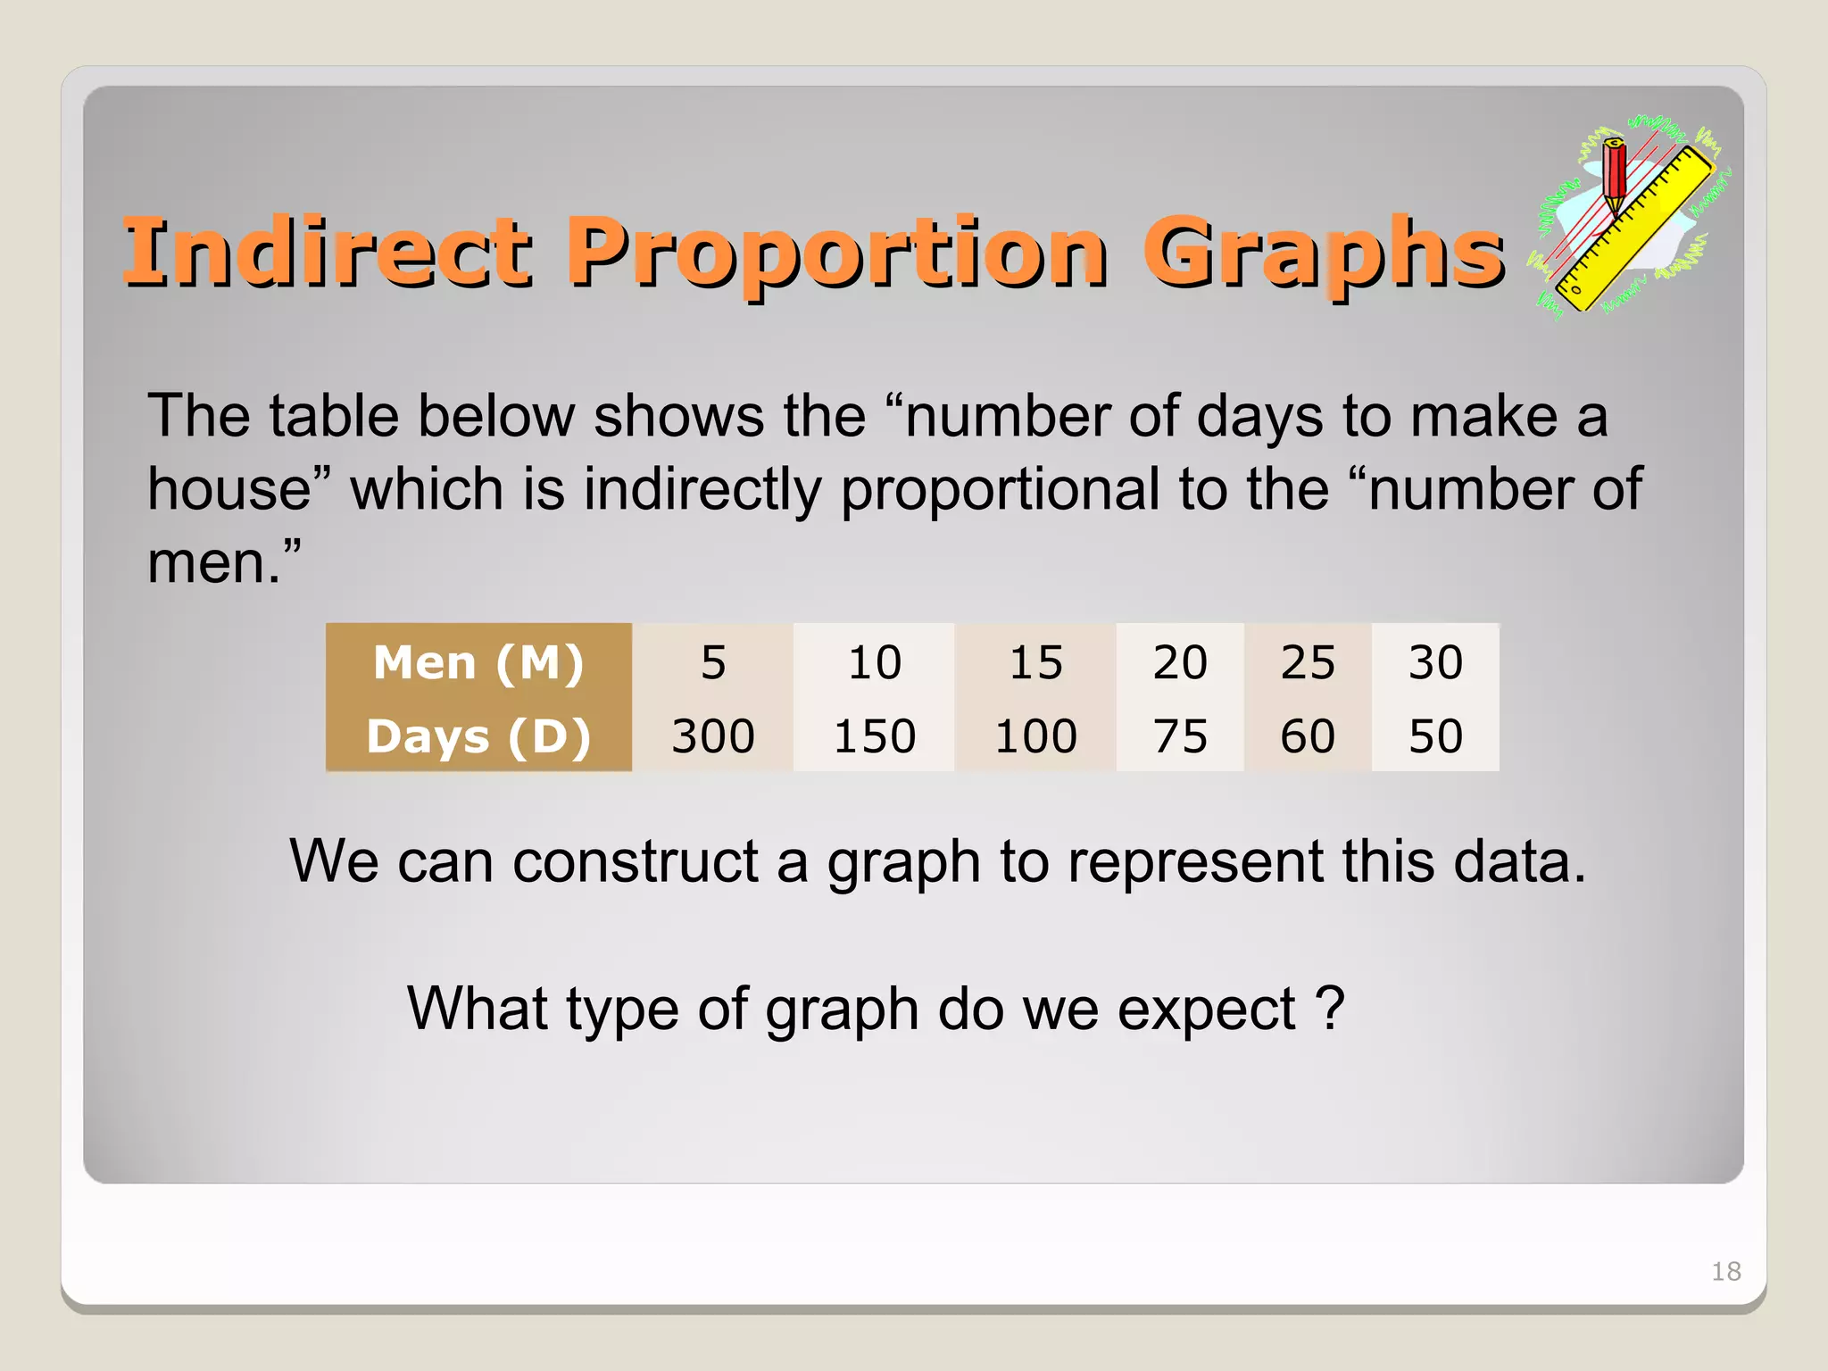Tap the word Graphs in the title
pyautogui.click(x=1323, y=253)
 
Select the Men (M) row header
pyautogui.click(x=478, y=662)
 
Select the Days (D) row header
pyautogui.click(x=478, y=736)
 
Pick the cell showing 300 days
pyautogui.click(x=713, y=736)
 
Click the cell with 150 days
pyautogui.click(x=875, y=736)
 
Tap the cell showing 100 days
pyautogui.click(x=1035, y=736)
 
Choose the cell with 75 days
pyautogui.click(x=1180, y=736)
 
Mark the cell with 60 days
pyautogui.click(x=1308, y=736)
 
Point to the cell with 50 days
pyautogui.click(x=1435, y=736)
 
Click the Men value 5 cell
pyautogui.click(x=713, y=662)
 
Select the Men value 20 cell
pyautogui.click(x=1180, y=662)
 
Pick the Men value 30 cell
pyautogui.click(x=1435, y=662)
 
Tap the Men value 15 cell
pyautogui.click(x=1035, y=662)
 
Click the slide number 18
pyautogui.click(x=1725, y=1271)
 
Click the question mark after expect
pyautogui.click(x=1330, y=1009)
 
